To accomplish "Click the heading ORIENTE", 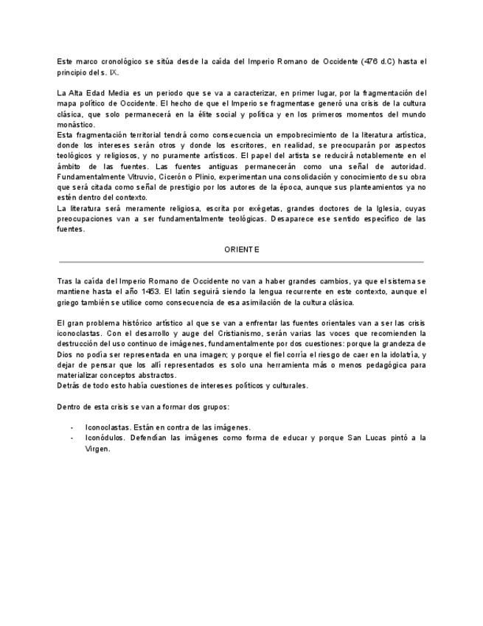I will (242, 250).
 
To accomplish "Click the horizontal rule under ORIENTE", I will (240, 262).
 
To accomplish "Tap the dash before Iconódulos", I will (72, 438).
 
